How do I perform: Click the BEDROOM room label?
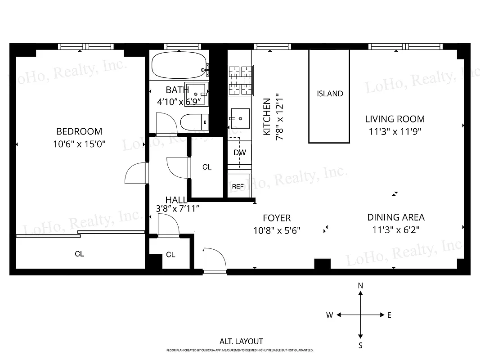tap(79, 131)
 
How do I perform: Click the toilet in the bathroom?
tap(194, 121)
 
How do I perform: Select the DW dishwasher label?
tap(239, 153)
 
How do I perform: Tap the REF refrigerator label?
tap(238, 186)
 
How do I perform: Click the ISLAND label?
tap(330, 94)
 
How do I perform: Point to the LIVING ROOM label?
tap(395, 119)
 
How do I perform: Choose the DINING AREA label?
tap(395, 217)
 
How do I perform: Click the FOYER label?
tap(277, 218)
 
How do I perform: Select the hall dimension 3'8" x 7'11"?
tap(177, 208)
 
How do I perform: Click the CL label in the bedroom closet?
tap(79, 254)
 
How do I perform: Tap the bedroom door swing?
tap(135, 173)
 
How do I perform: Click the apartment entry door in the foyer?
tap(214, 259)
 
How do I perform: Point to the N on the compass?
tap(360, 286)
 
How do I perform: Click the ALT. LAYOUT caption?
tap(241, 342)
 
